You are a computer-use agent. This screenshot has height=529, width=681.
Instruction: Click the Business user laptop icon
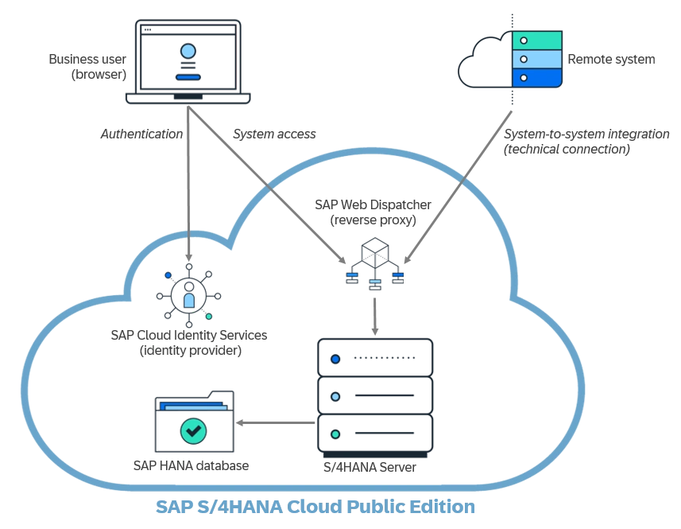[x=188, y=62]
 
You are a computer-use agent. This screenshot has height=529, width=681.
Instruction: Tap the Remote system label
[x=610, y=60]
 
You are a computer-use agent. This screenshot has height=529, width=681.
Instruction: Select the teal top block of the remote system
[x=537, y=40]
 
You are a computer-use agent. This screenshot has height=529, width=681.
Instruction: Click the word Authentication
[x=141, y=134]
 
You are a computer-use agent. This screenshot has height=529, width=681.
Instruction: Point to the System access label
[x=274, y=134]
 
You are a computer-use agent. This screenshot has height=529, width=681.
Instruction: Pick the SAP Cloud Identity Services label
[x=189, y=342]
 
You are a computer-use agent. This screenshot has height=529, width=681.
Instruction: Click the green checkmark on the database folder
[x=193, y=430]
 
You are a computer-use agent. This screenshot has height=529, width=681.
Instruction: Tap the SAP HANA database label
[x=191, y=465]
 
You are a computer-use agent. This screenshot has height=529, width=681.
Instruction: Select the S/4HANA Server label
[x=370, y=467]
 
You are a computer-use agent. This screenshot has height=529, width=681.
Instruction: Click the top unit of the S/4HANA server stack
[x=375, y=358]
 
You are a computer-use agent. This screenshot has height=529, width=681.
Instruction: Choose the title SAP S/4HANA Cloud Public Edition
[x=315, y=507]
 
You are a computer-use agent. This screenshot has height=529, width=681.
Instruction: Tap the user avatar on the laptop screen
[x=188, y=52]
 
